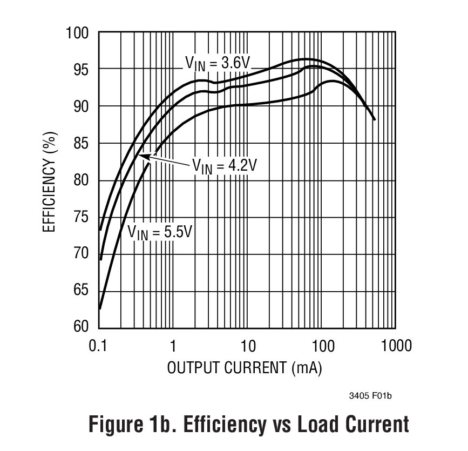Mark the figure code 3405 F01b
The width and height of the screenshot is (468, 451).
[x=370, y=396]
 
